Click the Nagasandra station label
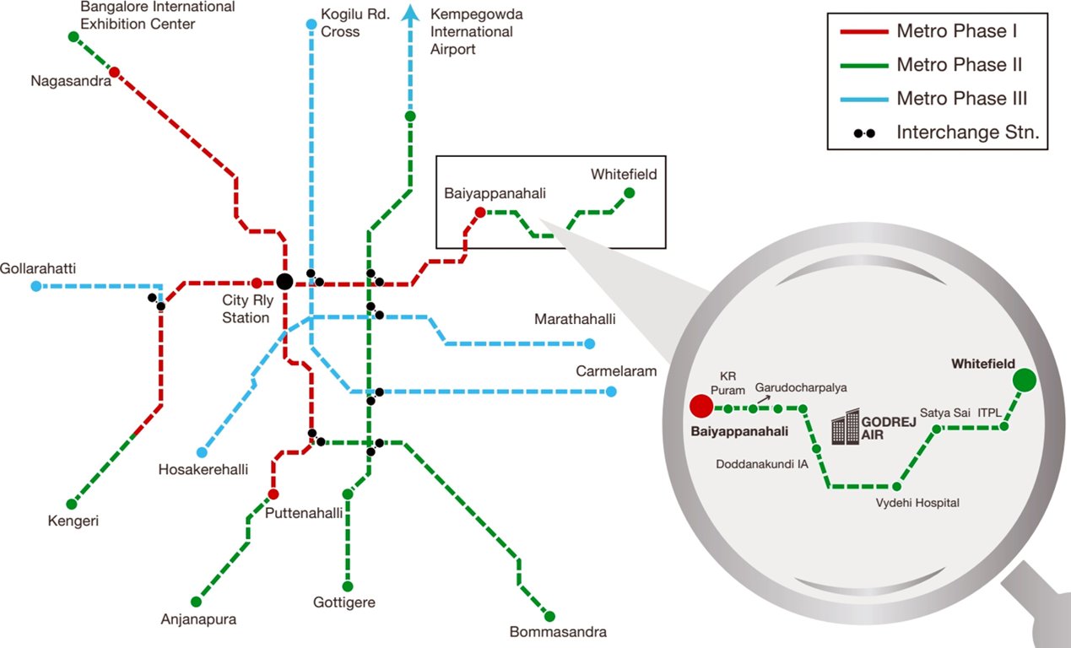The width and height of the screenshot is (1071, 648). pyautogui.click(x=66, y=81)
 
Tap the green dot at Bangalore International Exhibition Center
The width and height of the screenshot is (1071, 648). pyautogui.click(x=73, y=36)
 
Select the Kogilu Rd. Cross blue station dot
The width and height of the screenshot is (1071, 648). pyautogui.click(x=311, y=24)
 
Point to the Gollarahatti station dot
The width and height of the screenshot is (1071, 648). pyautogui.click(x=35, y=286)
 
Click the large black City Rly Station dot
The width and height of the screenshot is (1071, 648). pyautogui.click(x=284, y=282)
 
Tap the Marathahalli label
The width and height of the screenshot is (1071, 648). pyautogui.click(x=575, y=320)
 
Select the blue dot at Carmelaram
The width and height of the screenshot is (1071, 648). pyautogui.click(x=611, y=391)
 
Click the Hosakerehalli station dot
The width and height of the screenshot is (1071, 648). pyautogui.click(x=202, y=452)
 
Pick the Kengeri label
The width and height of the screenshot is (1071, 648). pyautogui.click(x=73, y=521)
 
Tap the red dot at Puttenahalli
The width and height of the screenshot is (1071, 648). pyautogui.click(x=273, y=494)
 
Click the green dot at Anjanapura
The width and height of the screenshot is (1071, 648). pyautogui.click(x=196, y=602)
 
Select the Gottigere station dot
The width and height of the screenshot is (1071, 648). pyautogui.click(x=347, y=586)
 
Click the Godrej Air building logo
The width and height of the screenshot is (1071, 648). pyautogui.click(x=845, y=428)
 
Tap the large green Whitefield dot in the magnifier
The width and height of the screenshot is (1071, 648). pyautogui.click(x=1025, y=381)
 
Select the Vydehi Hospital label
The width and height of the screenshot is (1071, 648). pyautogui.click(x=917, y=503)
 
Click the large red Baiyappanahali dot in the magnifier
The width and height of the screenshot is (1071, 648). pyautogui.click(x=700, y=407)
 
